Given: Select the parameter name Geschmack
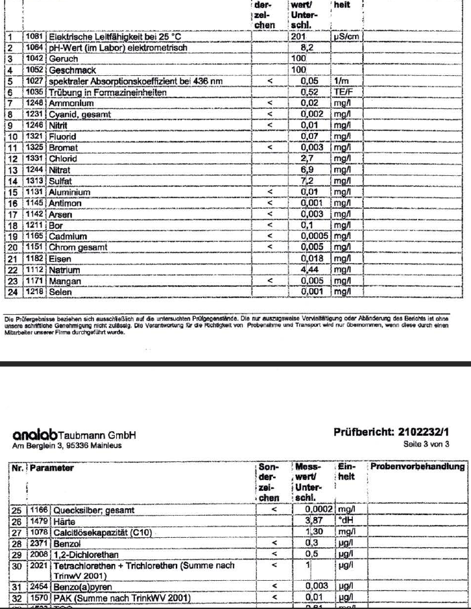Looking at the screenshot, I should (x=67, y=70).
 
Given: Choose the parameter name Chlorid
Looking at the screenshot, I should (x=62, y=159).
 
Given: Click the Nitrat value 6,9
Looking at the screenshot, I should (x=305, y=170).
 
